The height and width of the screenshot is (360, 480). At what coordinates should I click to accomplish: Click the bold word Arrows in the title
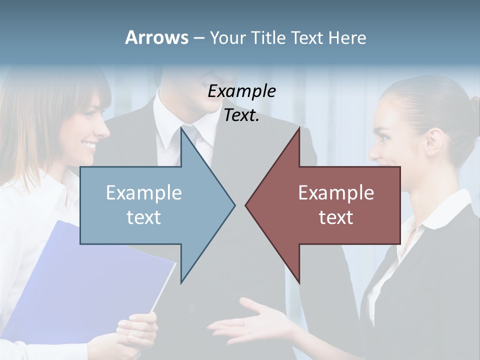point(156,37)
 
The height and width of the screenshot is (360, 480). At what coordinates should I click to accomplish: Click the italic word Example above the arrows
point(241,91)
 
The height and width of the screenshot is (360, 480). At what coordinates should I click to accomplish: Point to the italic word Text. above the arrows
point(241,116)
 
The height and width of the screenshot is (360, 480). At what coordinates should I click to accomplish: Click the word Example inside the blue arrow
point(144,193)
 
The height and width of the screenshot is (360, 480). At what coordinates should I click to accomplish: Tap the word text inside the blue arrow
point(143,217)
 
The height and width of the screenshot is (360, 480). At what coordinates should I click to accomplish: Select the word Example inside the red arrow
point(336,193)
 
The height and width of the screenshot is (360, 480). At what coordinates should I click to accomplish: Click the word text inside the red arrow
point(336,217)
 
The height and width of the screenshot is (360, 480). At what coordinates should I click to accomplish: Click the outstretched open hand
point(250,322)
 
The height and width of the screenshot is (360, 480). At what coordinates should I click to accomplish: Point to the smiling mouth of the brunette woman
point(89,146)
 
